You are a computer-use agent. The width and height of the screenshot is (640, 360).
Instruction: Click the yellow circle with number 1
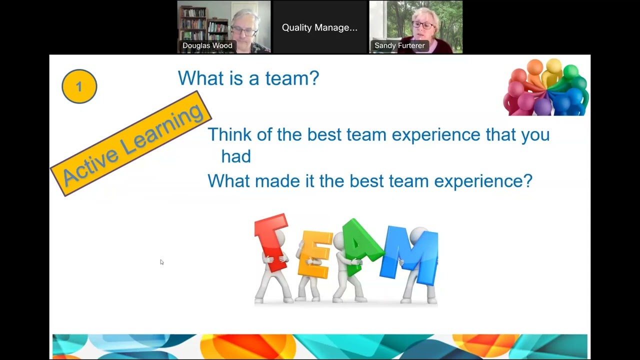coord(79,86)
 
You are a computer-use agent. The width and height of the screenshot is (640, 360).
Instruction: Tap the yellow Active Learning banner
coord(131,144)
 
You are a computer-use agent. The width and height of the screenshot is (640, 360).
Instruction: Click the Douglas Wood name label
coord(207,45)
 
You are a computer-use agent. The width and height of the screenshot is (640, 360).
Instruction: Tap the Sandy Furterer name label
coord(399,45)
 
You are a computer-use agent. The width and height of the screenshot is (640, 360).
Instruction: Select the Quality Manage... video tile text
coord(319,27)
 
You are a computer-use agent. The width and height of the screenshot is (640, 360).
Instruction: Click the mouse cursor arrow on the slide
coord(161,262)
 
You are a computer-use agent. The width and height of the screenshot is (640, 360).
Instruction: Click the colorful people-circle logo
coord(546,87)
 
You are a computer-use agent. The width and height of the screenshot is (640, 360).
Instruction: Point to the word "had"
coord(236,157)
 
